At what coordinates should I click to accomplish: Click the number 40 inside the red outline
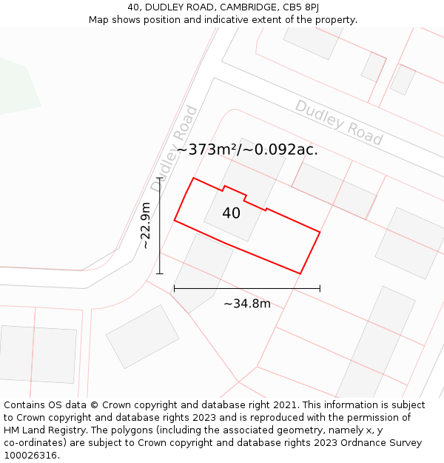[231, 213]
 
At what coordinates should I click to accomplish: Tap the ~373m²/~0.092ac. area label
[247, 149]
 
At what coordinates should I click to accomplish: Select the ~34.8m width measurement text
[247, 303]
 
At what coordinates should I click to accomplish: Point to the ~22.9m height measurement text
[146, 225]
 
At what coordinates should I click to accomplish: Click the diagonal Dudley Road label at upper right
[339, 122]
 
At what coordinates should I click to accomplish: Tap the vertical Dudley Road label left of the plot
[175, 148]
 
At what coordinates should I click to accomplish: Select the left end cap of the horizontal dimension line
[174, 287]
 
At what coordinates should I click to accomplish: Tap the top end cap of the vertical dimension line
[159, 178]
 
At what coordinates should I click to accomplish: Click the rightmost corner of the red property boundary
[320, 233]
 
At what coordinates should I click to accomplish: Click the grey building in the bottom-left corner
[38, 353]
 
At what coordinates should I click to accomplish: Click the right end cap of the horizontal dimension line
[320, 287]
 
